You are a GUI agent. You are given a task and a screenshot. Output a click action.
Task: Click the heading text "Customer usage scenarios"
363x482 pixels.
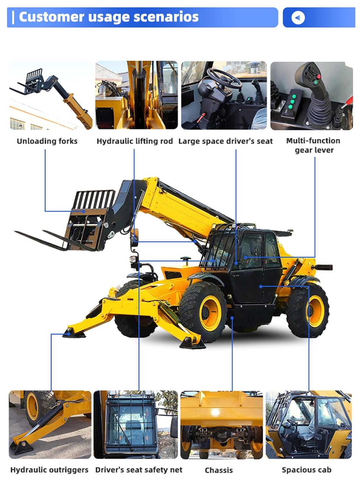[109, 17]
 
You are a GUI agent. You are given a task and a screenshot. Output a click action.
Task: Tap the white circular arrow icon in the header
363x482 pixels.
[298, 18]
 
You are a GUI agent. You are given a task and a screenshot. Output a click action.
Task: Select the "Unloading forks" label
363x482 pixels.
[47, 141]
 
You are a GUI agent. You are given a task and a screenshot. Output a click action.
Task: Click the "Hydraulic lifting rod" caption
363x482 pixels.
[134, 141]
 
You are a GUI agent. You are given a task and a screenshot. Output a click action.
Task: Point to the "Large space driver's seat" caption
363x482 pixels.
[225, 141]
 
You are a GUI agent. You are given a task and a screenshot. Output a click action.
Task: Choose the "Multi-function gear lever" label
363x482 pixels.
[313, 145]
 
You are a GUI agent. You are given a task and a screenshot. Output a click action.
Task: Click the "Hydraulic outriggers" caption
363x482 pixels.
[49, 470]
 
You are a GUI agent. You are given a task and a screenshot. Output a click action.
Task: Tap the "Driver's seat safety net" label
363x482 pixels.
[139, 470]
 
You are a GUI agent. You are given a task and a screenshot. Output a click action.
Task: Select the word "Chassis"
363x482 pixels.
[219, 470]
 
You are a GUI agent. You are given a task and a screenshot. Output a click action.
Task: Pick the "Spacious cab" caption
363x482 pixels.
[306, 470]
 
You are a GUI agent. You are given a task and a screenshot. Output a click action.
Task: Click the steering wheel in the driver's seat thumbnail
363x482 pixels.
[224, 78]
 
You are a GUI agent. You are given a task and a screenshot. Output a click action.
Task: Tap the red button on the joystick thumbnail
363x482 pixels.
[319, 77]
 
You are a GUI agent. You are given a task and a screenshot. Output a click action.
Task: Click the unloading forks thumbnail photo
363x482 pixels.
[50, 95]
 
